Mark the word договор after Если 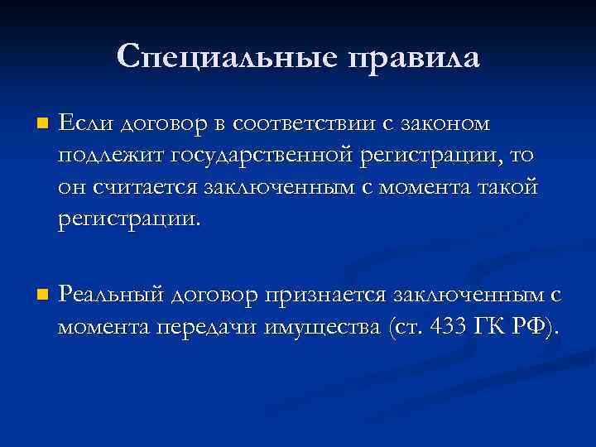[160, 125]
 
